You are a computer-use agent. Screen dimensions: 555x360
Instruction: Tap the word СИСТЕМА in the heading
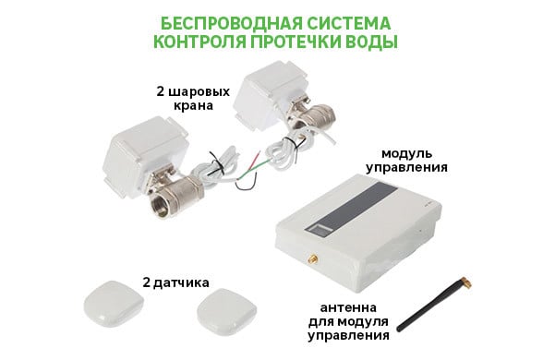click(349, 24)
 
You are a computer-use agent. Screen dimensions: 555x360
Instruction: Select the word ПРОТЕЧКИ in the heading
click(296, 42)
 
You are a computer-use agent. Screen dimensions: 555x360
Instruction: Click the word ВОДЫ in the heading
click(371, 42)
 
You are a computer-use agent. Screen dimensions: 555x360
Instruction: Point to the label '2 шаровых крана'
click(193, 99)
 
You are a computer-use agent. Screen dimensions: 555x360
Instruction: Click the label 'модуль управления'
click(406, 161)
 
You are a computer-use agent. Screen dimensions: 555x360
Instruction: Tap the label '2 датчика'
click(175, 282)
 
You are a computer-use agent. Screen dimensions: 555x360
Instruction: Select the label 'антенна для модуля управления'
click(348, 321)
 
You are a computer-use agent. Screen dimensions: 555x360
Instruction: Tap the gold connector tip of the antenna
click(465, 282)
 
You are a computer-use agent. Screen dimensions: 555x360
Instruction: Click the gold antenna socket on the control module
click(312, 259)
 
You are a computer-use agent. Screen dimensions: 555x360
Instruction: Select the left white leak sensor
click(114, 303)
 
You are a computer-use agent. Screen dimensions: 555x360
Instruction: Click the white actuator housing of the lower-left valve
click(144, 154)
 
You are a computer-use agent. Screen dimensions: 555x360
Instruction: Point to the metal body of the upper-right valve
click(312, 114)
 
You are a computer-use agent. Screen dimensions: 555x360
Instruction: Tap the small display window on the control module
click(320, 228)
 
